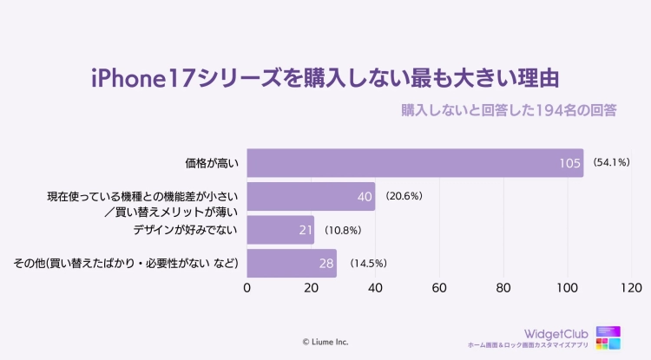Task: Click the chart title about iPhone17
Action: tap(325, 77)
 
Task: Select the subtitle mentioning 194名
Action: tap(509, 111)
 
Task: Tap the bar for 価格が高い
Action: tap(415, 162)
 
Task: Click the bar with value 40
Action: tap(311, 196)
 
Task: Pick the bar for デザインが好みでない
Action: tap(280, 230)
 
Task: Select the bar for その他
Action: tap(292, 263)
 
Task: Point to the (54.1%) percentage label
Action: tap(611, 162)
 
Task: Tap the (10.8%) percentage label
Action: tap(342, 230)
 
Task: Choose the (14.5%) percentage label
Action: tap(367, 263)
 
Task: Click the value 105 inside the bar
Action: tap(569, 163)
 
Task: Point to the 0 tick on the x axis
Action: tap(247, 288)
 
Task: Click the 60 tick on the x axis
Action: tap(439, 288)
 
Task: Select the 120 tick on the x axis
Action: tap(631, 288)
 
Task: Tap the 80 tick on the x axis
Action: tap(503, 288)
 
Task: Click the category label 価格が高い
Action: tap(213, 162)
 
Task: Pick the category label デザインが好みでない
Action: tap(186, 230)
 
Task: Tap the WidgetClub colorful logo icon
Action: tap(608, 338)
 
